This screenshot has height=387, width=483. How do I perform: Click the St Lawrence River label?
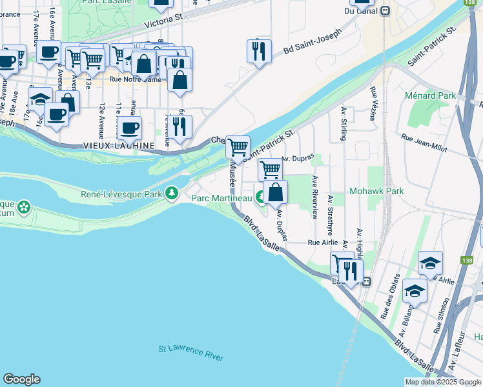pos(191,353)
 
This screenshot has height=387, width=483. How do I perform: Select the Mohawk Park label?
pos(376,192)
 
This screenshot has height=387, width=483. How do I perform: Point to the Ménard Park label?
pos(430,95)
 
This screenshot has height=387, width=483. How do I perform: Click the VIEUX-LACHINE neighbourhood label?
pos(119,146)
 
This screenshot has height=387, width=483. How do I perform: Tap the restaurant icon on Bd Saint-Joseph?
pos(259,50)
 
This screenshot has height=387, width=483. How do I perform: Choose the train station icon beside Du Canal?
pos(385,10)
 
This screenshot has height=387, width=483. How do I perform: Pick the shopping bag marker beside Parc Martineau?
pos(275,192)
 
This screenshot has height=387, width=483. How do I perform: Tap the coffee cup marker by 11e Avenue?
pos(129,126)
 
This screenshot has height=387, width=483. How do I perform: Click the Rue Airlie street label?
pos(323,243)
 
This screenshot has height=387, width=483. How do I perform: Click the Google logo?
pos(22,379)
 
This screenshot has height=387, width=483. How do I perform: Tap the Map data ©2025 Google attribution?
pos(442,382)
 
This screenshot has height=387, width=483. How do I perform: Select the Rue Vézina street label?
pos(373,103)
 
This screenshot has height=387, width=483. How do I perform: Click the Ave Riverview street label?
pos(315,197)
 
